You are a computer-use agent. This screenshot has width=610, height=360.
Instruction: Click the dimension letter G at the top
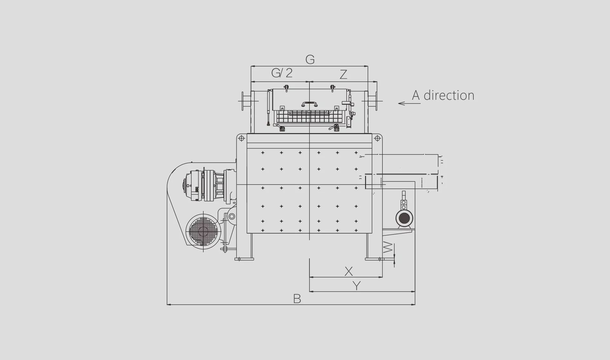(x=310, y=59)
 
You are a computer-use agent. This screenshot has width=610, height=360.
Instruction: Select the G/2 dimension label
(x=282, y=73)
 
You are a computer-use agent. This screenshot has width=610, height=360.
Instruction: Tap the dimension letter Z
(x=343, y=74)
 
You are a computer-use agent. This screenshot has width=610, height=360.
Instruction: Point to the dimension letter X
(x=349, y=271)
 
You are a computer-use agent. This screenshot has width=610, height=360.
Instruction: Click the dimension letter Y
(x=356, y=286)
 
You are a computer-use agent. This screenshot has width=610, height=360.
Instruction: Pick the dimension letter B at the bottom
(x=297, y=299)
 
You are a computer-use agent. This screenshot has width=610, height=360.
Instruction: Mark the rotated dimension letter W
(x=388, y=247)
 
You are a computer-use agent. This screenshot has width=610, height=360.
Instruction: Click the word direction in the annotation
(x=449, y=95)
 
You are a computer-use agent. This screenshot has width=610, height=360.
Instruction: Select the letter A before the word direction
(x=416, y=95)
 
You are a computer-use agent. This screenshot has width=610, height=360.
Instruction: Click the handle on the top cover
(x=309, y=104)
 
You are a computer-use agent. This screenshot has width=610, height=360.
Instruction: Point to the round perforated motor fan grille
(x=203, y=231)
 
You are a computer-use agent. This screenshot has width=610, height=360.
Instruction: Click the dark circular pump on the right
(x=404, y=218)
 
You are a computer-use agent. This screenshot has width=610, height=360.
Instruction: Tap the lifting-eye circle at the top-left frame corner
(x=241, y=138)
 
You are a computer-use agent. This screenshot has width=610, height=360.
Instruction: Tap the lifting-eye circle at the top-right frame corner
(x=377, y=138)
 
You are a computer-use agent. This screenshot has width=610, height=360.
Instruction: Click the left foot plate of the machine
(x=244, y=259)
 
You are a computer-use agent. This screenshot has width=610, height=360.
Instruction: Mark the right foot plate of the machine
(x=375, y=259)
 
